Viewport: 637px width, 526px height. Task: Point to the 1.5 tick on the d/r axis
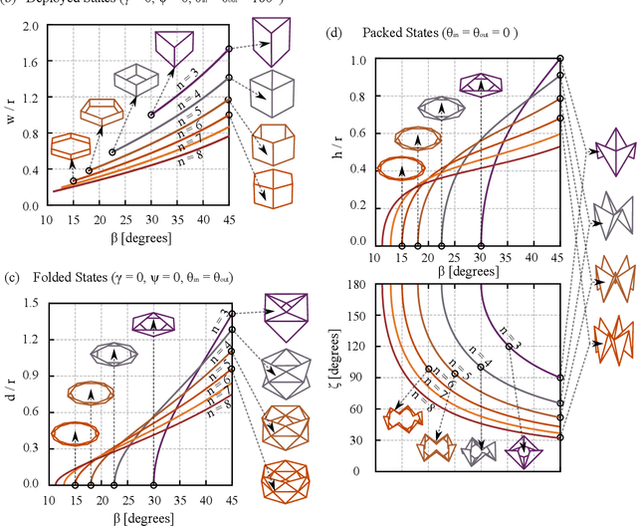point(23,288)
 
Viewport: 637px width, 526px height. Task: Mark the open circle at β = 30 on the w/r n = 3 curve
point(151,115)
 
